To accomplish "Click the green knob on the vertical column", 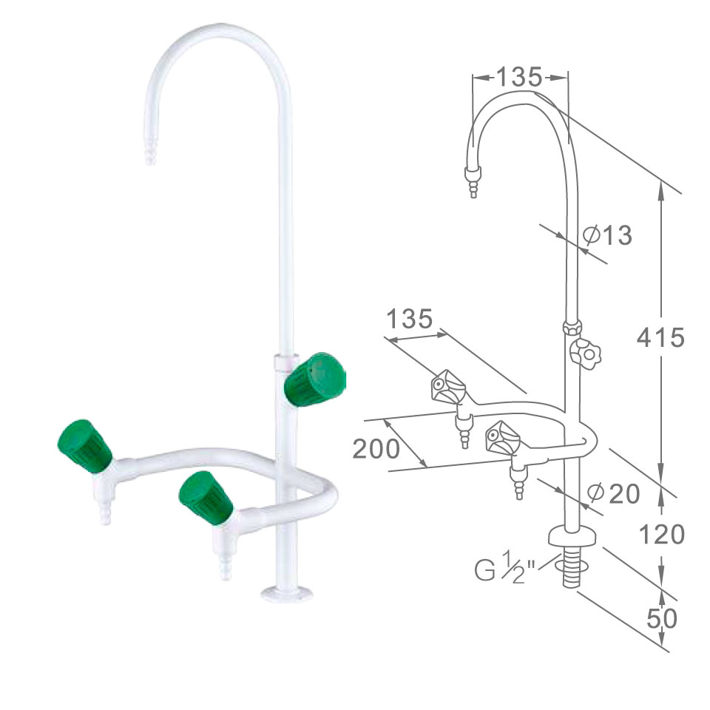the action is (315, 379).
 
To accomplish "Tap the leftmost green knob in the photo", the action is (84, 446).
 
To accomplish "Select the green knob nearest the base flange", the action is (206, 498).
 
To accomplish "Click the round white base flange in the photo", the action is (287, 594).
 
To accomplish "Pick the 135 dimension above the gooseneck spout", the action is (519, 77).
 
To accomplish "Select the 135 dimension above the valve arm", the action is (409, 319).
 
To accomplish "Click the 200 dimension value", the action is (376, 449).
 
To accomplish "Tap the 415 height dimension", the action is (660, 337).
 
